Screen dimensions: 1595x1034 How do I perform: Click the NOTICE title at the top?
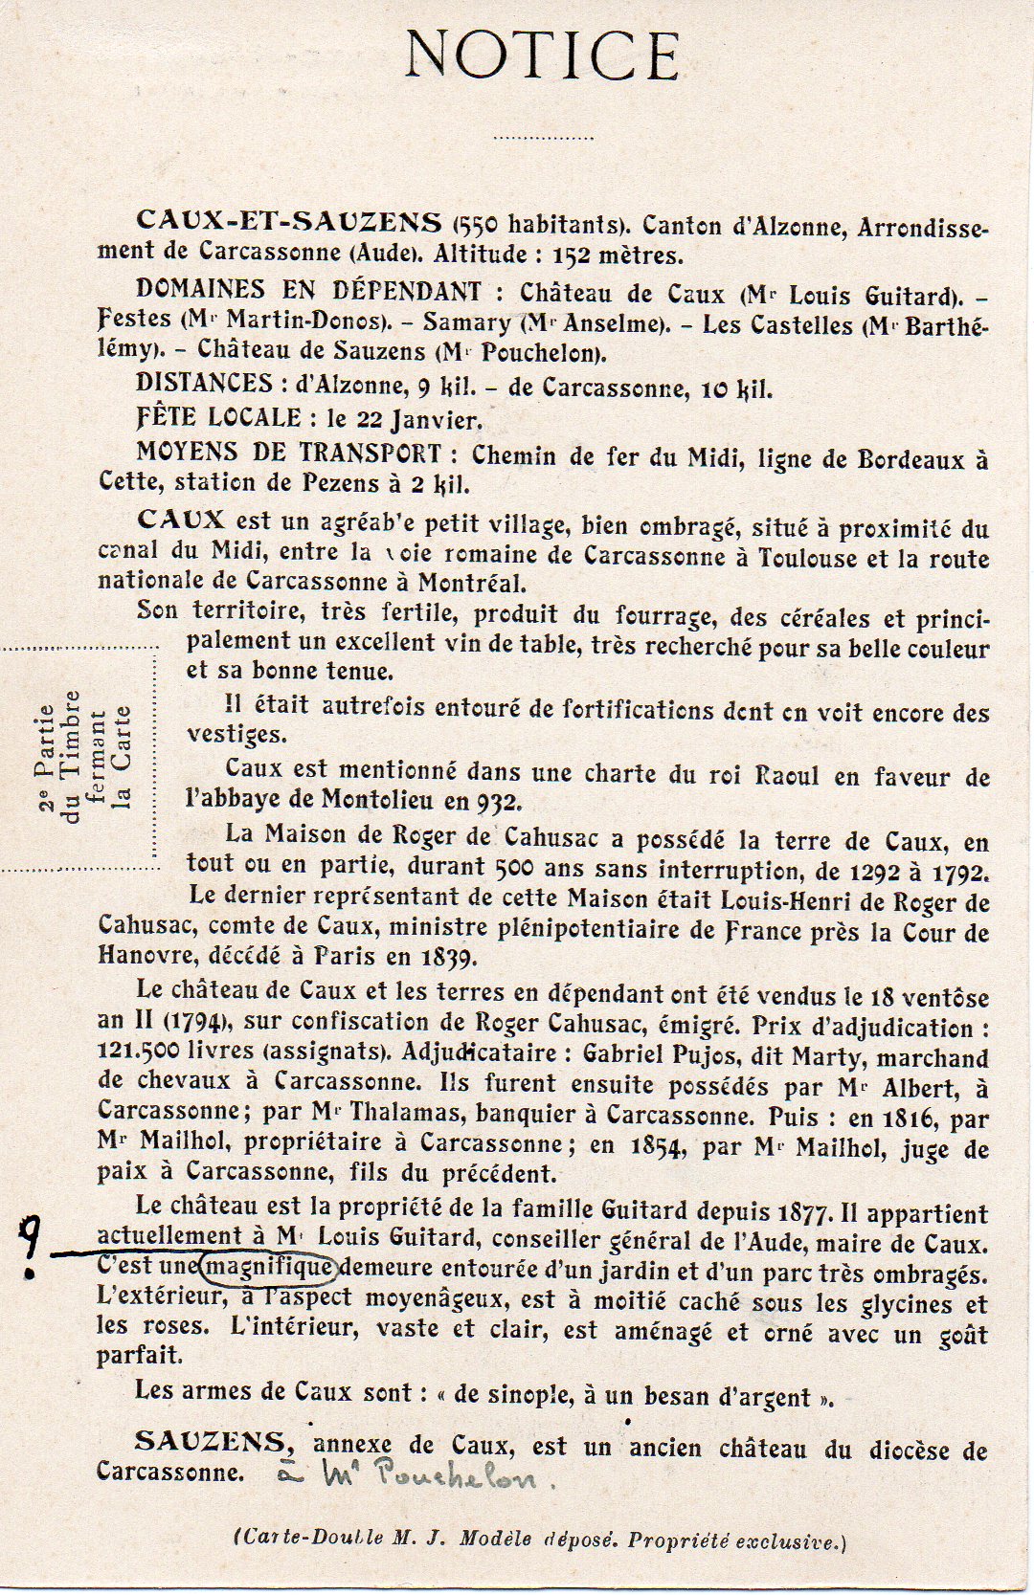click(x=542, y=55)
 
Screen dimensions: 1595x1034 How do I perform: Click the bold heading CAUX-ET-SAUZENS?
click(x=289, y=221)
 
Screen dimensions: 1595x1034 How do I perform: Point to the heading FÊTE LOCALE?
click(x=218, y=418)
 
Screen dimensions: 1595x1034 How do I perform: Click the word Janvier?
click(x=437, y=420)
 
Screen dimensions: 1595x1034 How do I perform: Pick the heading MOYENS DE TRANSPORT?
click(x=289, y=453)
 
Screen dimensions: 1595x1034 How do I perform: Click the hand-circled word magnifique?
click(x=269, y=1269)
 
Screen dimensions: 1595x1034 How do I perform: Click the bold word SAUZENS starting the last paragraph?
click(x=210, y=1442)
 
